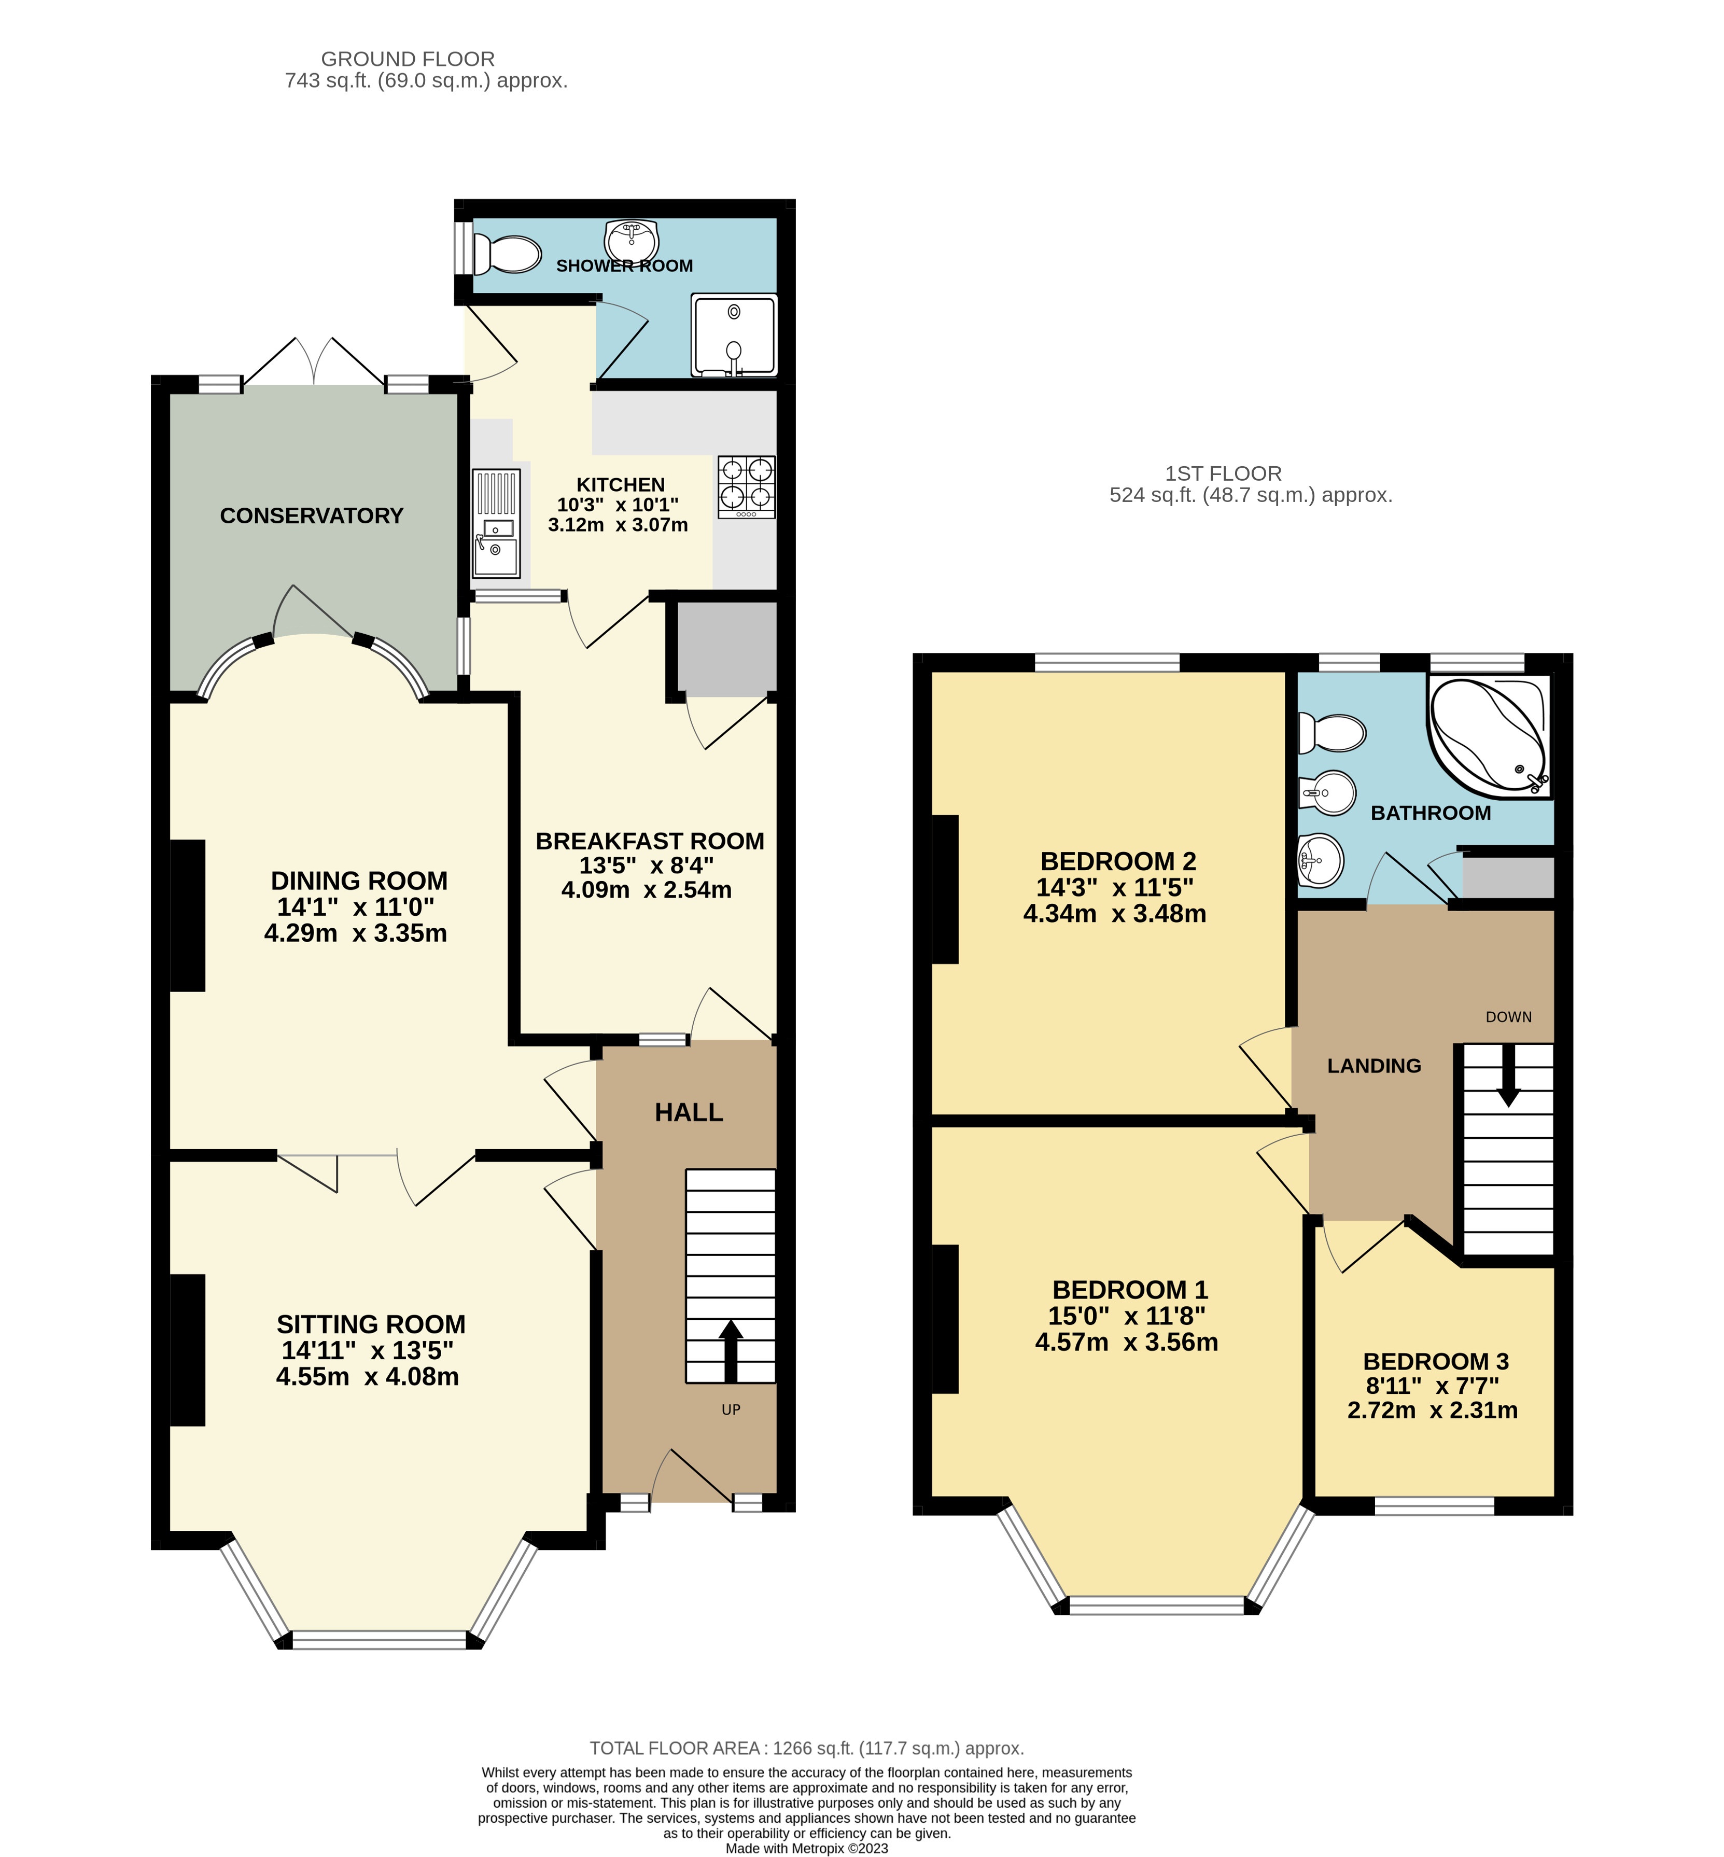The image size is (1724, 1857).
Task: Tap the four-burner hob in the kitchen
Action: pos(746,486)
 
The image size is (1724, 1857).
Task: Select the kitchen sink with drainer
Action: pos(496,523)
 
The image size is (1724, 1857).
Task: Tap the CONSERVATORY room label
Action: pos(312,516)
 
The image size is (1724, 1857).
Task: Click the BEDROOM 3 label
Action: pos(1436,1361)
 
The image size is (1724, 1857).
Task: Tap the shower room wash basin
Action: pos(633,240)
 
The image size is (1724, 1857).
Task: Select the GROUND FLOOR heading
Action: pos(408,59)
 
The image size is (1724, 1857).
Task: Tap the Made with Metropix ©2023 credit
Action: pos(807,1848)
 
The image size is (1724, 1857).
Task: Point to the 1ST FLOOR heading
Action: pos(1223,473)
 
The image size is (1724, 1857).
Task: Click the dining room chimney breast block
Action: pos(188,915)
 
